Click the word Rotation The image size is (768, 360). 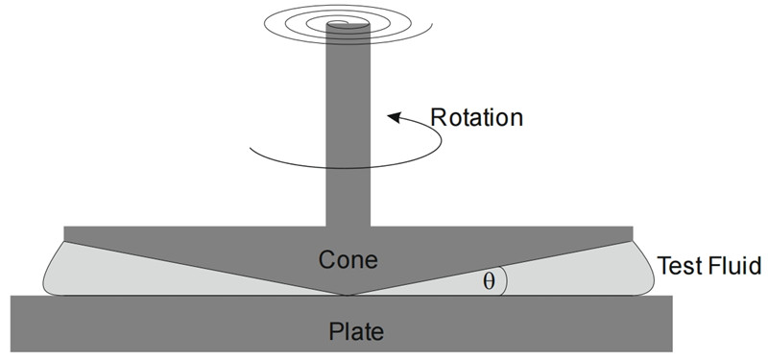476,117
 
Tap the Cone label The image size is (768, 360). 348,259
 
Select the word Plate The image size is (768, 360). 356,331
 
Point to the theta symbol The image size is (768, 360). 489,281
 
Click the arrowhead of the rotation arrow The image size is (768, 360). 395,117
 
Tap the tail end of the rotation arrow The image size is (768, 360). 251,148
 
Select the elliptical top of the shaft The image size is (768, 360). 348,24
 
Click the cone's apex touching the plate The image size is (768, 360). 348,295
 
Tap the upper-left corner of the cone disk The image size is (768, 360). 64,227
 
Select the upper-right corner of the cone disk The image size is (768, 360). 633,227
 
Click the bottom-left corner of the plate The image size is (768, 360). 11,351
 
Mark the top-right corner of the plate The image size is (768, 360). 673,296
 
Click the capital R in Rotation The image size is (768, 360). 438,117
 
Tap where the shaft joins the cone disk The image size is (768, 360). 348,227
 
